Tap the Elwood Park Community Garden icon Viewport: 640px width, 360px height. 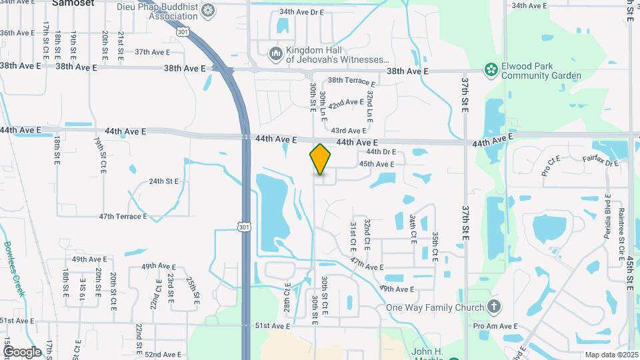pyautogui.click(x=491, y=70)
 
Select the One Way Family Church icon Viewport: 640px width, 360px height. pyautogui.click(x=493, y=307)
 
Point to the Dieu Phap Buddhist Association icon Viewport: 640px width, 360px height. pyautogui.click(x=208, y=9)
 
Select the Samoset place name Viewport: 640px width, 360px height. pyautogui.click(x=73, y=3)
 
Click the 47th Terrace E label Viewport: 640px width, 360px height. pyautogui.click(x=123, y=217)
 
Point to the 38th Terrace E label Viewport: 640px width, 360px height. pyautogui.click(x=351, y=81)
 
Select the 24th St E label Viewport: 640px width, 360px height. pyautogui.click(x=164, y=181)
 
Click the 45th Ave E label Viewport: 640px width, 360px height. pyautogui.click(x=377, y=164)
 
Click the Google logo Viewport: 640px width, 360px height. pyautogui.click(x=22, y=351)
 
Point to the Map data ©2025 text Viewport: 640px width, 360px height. pyautogui.click(x=611, y=355)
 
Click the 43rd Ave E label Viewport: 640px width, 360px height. pyautogui.click(x=349, y=131)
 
